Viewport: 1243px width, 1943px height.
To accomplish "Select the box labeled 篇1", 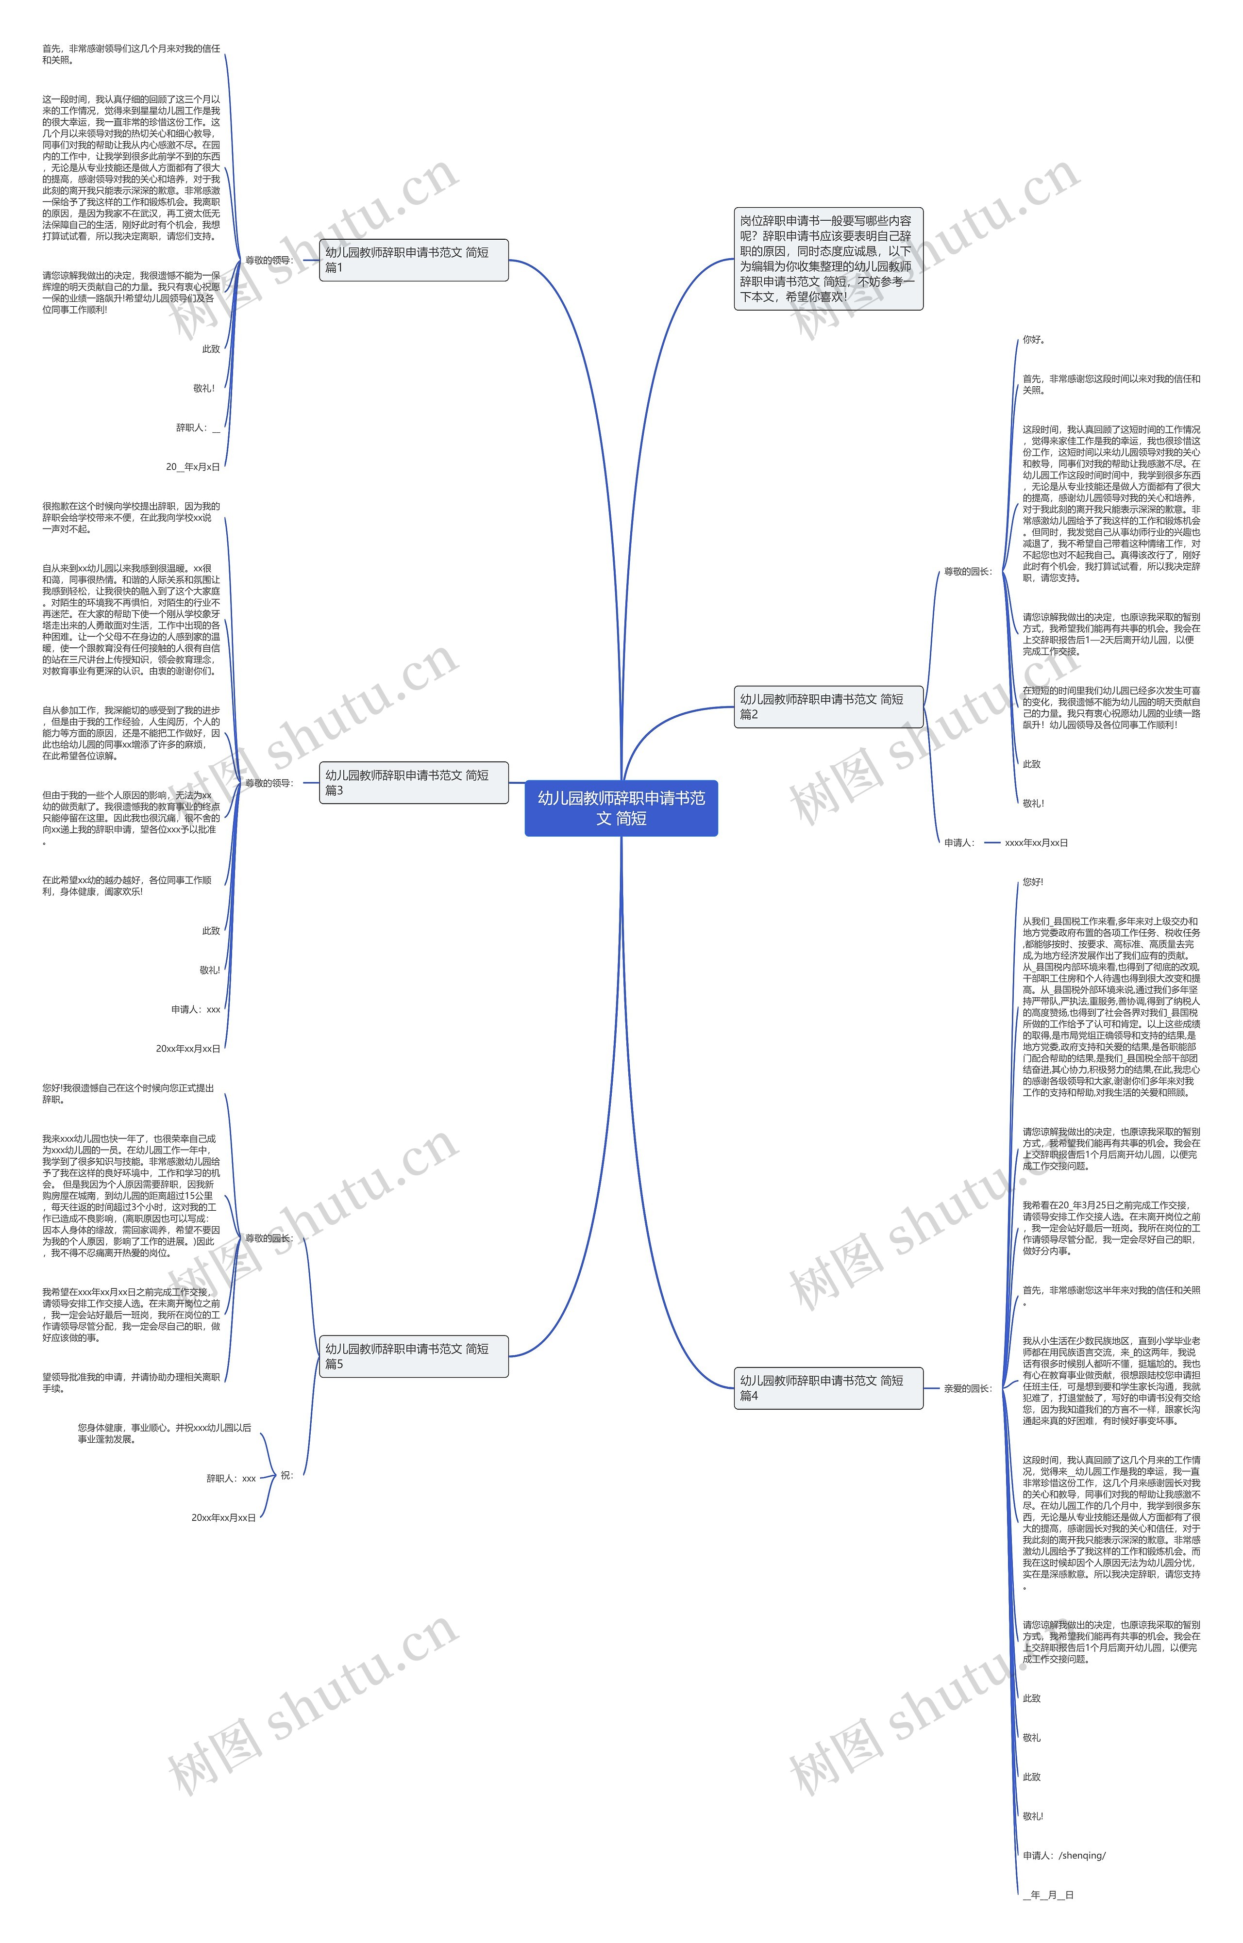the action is [x=413, y=260].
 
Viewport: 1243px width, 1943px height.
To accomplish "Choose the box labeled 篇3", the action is [x=413, y=783].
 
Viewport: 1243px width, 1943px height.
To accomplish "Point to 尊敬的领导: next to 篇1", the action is [x=269, y=261].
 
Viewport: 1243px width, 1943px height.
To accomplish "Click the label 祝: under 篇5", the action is [x=286, y=1475].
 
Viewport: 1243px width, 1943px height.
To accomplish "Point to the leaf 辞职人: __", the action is [x=198, y=428].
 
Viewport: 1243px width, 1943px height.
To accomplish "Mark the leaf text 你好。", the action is [x=1034, y=340].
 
